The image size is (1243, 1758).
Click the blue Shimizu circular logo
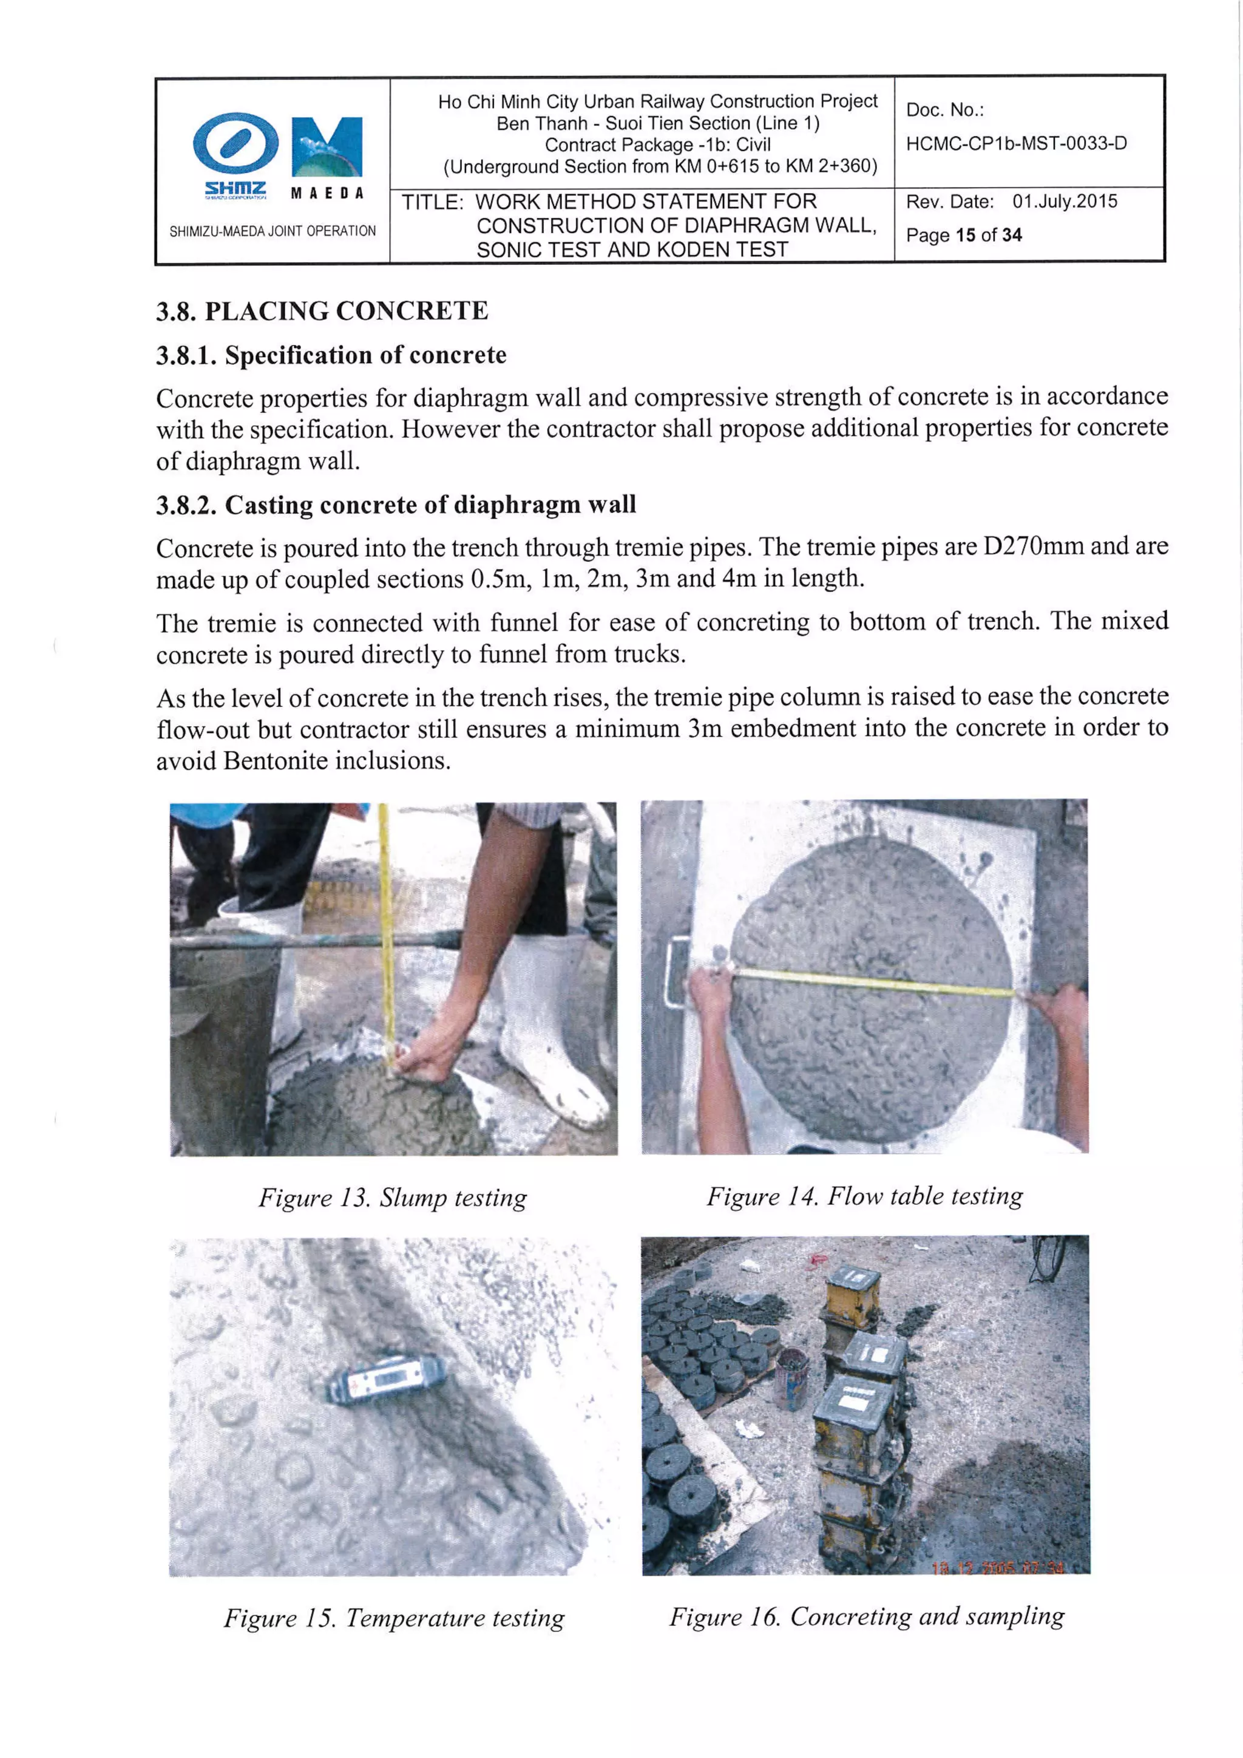235,143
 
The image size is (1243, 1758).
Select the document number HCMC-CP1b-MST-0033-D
1015,143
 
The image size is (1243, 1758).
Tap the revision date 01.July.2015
1064,202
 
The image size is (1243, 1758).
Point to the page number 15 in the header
965,235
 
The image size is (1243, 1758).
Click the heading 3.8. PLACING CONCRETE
322,311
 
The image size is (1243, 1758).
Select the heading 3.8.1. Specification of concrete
331,355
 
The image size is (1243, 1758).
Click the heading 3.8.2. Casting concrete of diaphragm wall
396,505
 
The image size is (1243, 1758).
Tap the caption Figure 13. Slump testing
393,1198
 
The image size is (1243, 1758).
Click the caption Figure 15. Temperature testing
393,1617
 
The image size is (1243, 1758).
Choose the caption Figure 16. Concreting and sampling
867,1615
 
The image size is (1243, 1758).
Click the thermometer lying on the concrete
387,1379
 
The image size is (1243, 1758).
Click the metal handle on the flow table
677,972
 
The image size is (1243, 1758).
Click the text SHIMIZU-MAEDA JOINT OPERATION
273,231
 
